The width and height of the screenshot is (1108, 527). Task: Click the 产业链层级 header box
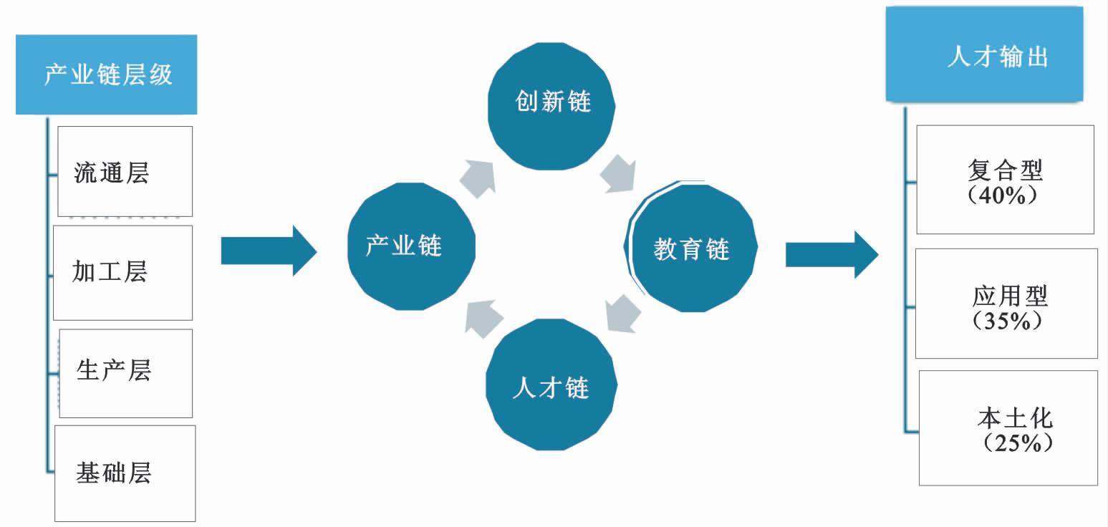tap(107, 74)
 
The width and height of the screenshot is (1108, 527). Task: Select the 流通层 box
tap(125, 171)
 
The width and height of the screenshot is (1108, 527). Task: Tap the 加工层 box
tap(123, 272)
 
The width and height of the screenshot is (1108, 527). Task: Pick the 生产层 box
tap(125, 372)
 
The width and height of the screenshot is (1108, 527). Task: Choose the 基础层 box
tap(125, 473)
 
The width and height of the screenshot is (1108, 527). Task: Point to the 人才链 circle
tap(551, 387)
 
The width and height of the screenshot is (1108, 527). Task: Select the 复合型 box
tap(1005, 179)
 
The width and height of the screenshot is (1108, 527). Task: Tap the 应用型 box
tap(1006, 303)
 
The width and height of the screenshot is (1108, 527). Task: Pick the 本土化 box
tap(1008, 427)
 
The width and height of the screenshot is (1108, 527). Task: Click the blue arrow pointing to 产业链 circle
tap(268, 250)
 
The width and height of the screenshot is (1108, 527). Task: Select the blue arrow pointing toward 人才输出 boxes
tap(831, 254)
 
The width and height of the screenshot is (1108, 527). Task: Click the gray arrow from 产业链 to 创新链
tap(478, 178)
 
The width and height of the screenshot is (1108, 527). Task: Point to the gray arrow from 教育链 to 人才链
tap(622, 314)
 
